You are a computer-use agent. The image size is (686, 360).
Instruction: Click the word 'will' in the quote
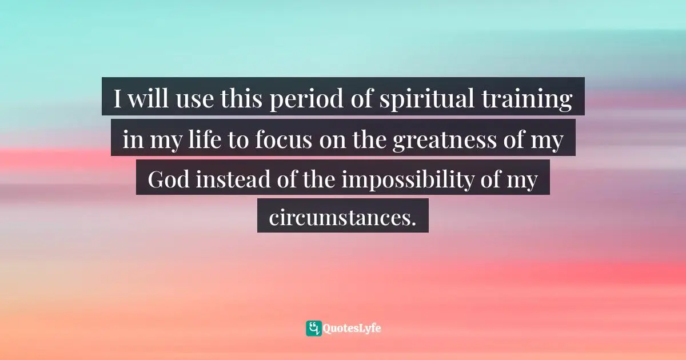point(148,98)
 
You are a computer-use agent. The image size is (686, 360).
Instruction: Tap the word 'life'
point(205,139)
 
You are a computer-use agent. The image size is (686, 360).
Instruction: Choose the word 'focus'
point(283,139)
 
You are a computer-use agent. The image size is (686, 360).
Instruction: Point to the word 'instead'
point(233,179)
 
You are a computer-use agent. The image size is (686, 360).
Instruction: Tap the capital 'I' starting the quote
point(118,99)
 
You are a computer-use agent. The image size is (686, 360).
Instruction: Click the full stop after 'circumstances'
point(413,224)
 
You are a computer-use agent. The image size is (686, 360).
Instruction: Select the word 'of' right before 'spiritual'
point(361,98)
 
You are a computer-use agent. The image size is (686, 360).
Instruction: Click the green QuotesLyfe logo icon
point(314,329)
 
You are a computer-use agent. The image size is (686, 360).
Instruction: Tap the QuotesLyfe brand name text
point(352,329)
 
